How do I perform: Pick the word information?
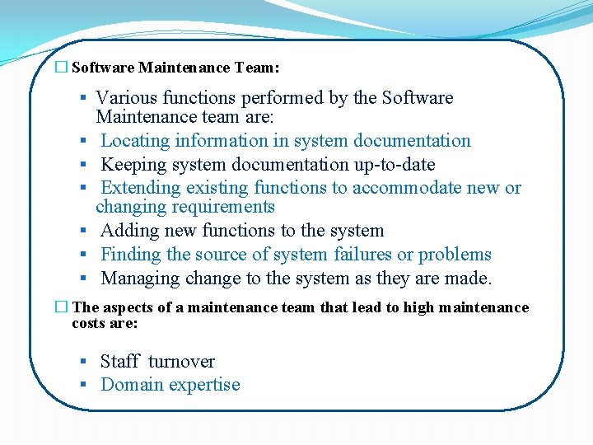click(231, 141)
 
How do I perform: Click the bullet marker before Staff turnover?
click(84, 362)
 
